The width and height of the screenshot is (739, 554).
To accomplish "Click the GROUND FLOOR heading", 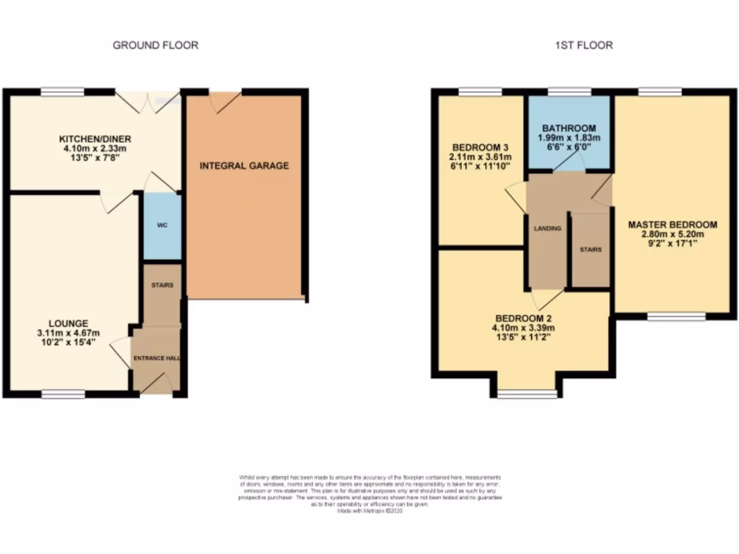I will [x=155, y=45].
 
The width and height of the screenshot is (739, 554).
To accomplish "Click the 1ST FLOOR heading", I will [x=583, y=45].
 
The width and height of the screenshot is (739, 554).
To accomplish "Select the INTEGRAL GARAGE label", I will [x=244, y=166].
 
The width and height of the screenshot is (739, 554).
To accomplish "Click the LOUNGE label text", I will [x=69, y=323].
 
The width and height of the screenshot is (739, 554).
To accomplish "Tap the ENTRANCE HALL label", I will [x=155, y=358].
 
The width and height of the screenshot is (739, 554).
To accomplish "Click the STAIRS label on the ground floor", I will [x=162, y=286].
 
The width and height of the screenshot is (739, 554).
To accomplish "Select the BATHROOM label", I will [x=569, y=128].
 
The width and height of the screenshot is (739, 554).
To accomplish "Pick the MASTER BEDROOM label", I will [x=671, y=224].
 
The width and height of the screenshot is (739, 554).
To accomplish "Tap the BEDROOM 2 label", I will [x=525, y=318].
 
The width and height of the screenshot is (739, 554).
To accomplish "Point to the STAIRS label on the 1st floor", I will [x=590, y=250].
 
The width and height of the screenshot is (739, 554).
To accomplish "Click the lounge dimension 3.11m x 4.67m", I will [x=69, y=333].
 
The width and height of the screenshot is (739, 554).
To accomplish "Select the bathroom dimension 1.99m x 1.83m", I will [x=569, y=137].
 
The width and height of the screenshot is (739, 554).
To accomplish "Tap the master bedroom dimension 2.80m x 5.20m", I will [x=671, y=234].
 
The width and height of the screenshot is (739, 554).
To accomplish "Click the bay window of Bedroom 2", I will [x=527, y=394].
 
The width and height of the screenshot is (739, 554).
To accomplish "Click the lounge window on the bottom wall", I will [x=62, y=394].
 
